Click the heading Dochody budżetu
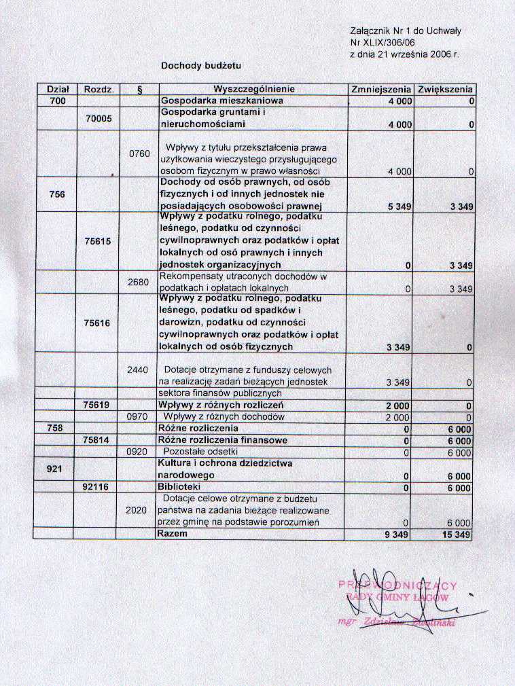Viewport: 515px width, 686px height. click(x=201, y=66)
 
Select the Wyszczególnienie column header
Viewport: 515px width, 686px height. click(x=253, y=90)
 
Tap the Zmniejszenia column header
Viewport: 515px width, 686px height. click(x=381, y=90)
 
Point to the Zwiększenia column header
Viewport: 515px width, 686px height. click(x=446, y=90)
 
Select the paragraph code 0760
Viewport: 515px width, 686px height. click(x=139, y=154)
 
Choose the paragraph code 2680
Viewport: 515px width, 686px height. click(x=139, y=282)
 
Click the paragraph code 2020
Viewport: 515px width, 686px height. click(x=139, y=510)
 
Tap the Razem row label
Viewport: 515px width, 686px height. click(x=173, y=535)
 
